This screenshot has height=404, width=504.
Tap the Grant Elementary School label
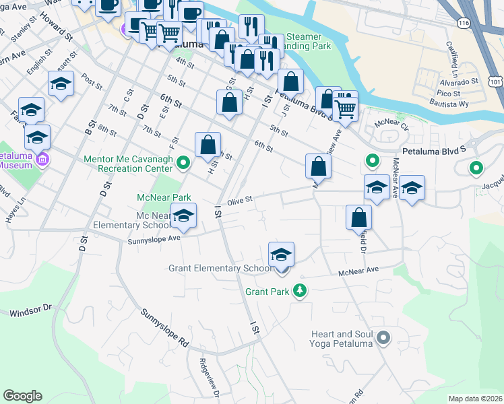(220, 269)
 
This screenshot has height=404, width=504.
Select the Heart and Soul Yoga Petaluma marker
(383, 338)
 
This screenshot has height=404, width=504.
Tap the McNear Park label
(163, 198)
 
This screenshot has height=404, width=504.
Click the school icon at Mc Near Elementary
(183, 216)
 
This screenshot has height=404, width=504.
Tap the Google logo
(22, 396)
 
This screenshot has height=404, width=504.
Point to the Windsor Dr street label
(30, 310)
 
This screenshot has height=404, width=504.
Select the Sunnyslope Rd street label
(164, 328)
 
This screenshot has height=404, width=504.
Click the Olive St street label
(239, 200)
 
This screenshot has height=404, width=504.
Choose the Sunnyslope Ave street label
(155, 238)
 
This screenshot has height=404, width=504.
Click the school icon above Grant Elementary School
(281, 255)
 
